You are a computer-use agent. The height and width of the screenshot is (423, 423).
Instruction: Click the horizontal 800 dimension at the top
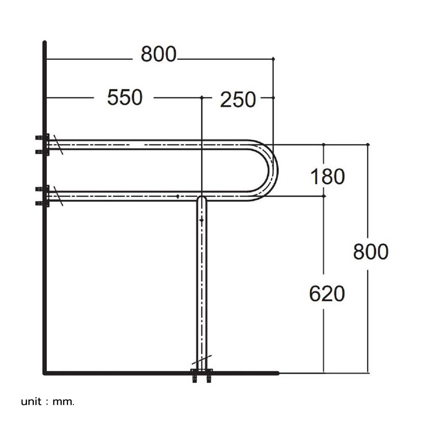click(x=158, y=54)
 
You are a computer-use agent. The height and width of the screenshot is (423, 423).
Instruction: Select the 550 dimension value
click(x=125, y=98)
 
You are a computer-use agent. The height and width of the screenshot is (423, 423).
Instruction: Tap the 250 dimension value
click(x=238, y=100)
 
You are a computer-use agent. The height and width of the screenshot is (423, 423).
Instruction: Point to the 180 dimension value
click(x=327, y=177)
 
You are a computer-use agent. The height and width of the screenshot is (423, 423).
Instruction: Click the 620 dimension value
click(x=327, y=294)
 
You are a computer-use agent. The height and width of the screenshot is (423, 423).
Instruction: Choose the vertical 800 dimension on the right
click(x=371, y=252)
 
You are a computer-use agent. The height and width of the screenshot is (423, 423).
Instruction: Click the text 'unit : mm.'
click(x=47, y=401)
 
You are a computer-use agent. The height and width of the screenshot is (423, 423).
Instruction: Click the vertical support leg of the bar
click(x=202, y=288)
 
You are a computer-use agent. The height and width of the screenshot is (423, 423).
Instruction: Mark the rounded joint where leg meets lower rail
click(x=202, y=199)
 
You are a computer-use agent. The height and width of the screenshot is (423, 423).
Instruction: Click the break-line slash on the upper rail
click(x=58, y=145)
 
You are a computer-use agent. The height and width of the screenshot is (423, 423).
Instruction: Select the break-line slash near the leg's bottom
click(x=202, y=360)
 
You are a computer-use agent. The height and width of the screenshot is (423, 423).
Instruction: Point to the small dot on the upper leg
click(x=201, y=220)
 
